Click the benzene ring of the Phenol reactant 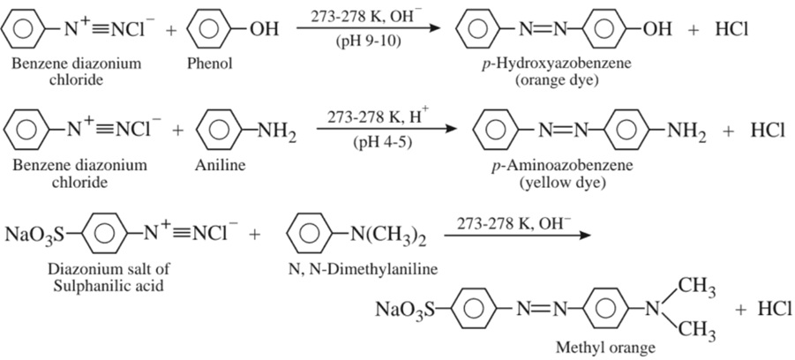pyautogui.click(x=206, y=29)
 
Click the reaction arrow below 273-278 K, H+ pyautogui.click(x=387, y=130)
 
